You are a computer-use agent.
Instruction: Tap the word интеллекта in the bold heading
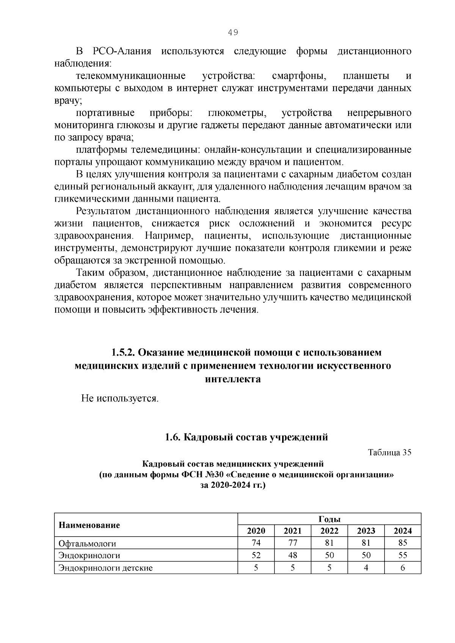click(x=233, y=379)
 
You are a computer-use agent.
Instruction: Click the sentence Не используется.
click(x=120, y=399)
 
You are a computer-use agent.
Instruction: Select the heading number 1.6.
click(x=173, y=437)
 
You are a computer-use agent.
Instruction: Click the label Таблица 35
click(x=389, y=452)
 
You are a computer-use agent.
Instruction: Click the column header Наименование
click(x=89, y=525)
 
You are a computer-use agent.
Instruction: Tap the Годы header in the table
click(x=329, y=519)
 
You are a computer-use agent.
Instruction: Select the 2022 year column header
click(x=329, y=531)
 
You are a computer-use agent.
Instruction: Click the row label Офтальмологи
click(x=87, y=543)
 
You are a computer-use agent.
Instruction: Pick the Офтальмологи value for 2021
click(x=292, y=543)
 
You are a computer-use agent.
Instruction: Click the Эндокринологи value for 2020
click(x=256, y=555)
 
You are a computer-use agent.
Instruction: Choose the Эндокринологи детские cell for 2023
click(x=366, y=568)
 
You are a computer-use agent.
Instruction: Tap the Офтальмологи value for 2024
click(x=403, y=543)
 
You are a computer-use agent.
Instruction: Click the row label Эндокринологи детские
click(x=105, y=568)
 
